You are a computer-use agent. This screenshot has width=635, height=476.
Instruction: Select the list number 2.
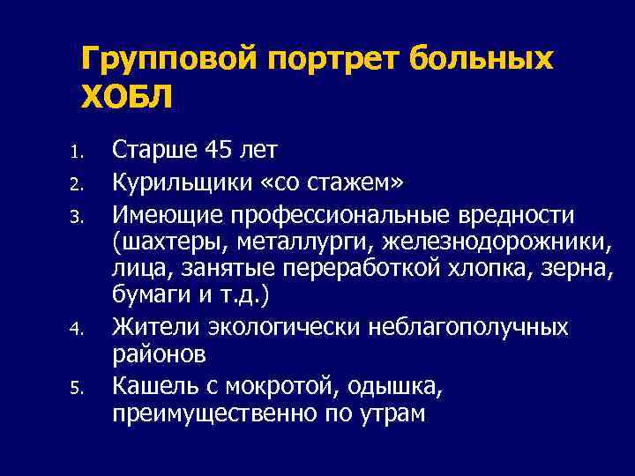[x=77, y=185]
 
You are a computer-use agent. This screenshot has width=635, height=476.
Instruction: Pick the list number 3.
[x=77, y=218]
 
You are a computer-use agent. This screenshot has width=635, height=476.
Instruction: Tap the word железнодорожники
[x=517, y=241]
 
